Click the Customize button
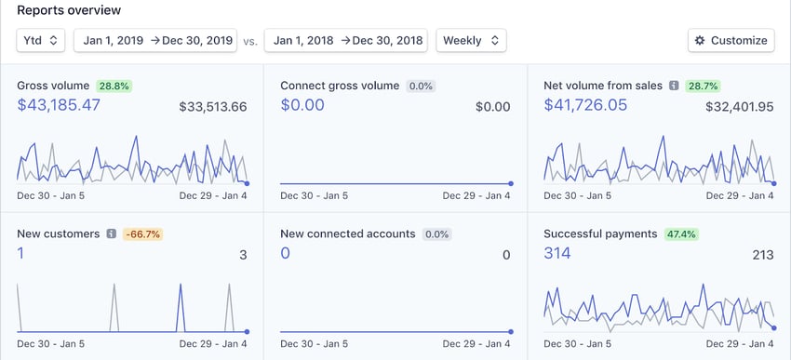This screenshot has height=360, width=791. coord(731,40)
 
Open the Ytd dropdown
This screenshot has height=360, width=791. coord(41,40)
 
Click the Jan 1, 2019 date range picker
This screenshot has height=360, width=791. coord(156,40)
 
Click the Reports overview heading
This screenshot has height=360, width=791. coord(68,10)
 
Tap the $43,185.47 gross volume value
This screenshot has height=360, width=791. coord(59,105)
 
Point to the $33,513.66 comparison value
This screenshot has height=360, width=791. coord(213,106)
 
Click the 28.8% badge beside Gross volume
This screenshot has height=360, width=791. coord(114,86)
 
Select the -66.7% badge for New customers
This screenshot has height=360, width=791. coord(143,233)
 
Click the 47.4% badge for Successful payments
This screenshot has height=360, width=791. coord(682,233)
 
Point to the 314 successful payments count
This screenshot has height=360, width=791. coord(556,253)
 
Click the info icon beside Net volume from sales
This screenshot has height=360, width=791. coord(674,86)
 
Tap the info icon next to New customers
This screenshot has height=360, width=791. coord(111,233)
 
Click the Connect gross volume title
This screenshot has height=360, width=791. coord(340,86)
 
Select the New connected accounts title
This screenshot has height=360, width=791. coord(348,233)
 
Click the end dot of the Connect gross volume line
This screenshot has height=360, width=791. coord(511,183)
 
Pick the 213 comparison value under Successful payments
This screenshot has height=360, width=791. coord(763,254)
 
